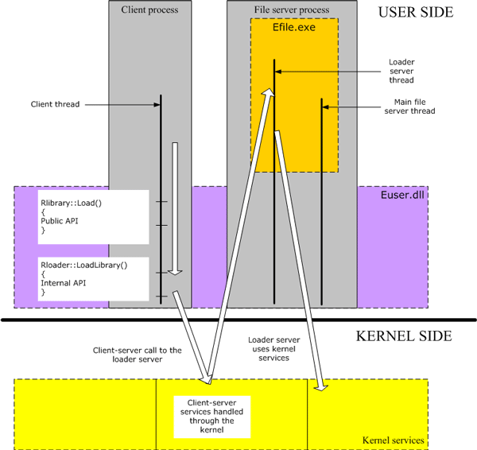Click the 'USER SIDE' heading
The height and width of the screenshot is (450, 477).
(415, 13)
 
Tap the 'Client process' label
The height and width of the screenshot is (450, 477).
(149, 10)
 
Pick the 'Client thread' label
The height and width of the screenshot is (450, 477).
(55, 104)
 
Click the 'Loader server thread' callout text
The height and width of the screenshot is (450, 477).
(401, 71)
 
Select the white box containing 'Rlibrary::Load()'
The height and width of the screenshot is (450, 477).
(94, 216)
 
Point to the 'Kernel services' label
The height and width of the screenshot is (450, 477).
(392, 440)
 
